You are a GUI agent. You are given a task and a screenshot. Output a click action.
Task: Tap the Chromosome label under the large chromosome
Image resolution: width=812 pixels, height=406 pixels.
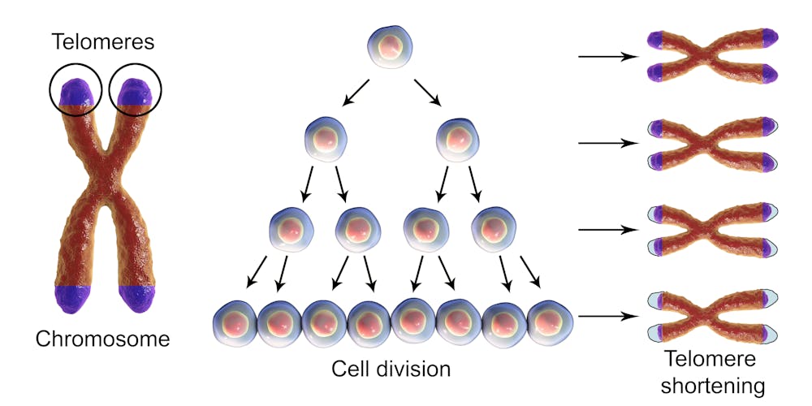pyautogui.click(x=102, y=339)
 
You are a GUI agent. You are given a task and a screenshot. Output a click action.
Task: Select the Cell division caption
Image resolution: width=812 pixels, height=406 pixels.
pyautogui.click(x=391, y=368)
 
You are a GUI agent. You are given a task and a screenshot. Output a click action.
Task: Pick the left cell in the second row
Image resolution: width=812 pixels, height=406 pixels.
pyautogui.click(x=326, y=139)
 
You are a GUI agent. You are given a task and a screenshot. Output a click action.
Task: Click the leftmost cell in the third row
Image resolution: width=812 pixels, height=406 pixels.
pyautogui.click(x=290, y=230)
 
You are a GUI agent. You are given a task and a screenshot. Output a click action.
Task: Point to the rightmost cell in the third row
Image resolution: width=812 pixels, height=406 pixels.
pyautogui.click(x=493, y=230)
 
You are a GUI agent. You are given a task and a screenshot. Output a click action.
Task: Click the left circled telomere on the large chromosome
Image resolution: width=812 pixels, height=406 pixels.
pyautogui.click(x=76, y=92)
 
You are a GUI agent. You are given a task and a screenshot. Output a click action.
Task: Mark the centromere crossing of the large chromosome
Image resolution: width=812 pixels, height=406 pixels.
pyautogui.click(x=104, y=179)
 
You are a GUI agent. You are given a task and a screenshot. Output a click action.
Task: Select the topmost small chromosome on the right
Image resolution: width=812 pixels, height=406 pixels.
pyautogui.click(x=712, y=57)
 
